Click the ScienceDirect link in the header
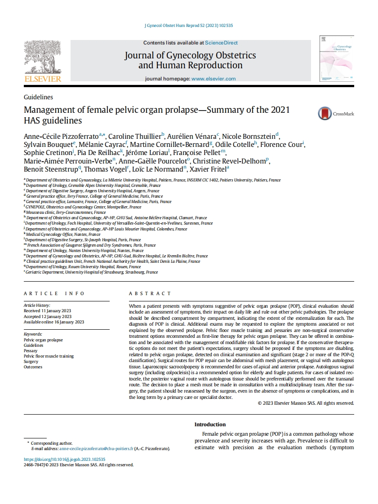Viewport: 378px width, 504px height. [221, 43]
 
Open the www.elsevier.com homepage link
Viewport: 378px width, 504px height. [213, 79]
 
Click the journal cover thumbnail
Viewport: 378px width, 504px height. [336, 60]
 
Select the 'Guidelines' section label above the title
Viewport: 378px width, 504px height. [38, 97]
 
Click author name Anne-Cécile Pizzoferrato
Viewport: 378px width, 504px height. [61, 136]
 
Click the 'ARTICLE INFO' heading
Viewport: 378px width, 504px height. [54, 293]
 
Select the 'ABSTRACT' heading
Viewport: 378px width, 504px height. [150, 293]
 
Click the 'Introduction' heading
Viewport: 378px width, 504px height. [210, 424]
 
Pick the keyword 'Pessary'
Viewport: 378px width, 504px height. [31, 351]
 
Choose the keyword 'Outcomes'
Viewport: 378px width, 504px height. [33, 367]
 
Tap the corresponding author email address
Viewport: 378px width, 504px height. [96, 449]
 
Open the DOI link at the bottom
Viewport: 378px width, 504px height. [64, 460]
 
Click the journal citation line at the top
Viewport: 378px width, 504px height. [189, 26]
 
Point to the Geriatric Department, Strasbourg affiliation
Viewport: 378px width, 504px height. [92, 272]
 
